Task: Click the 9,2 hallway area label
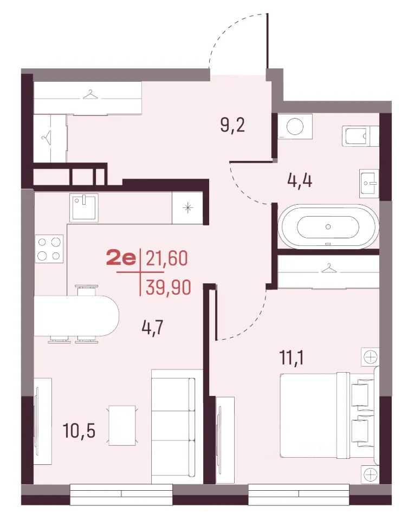232,125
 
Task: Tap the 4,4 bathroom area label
300,181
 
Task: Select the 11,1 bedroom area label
292,357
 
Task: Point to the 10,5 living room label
79,431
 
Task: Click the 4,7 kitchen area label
152,328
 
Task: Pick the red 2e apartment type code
121,258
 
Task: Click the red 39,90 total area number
168,287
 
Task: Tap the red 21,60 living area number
167,258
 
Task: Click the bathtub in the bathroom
328,227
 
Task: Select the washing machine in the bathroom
295,126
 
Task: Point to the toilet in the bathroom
360,136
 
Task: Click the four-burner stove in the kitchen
49,249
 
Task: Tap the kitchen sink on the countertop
84,208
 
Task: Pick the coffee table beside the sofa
122,425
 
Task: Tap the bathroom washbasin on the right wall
369,183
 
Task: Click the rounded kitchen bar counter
76,315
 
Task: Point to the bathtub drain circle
328,227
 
